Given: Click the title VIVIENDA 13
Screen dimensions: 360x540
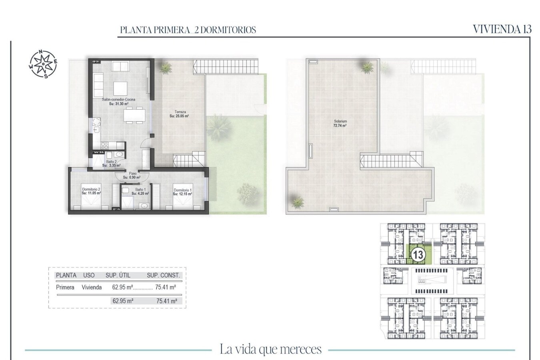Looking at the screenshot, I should tap(502, 29).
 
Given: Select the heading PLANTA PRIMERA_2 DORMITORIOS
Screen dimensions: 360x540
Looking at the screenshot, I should tap(188, 30).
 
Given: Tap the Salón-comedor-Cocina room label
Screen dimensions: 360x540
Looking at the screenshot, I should tap(118, 102).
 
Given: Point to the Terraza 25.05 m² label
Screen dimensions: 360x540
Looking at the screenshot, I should tap(179, 114).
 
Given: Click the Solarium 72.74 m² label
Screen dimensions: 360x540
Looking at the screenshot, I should tap(340, 123).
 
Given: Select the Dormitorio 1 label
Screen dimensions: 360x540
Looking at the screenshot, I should tap(182, 192).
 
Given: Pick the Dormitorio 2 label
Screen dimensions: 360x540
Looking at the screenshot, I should tap(91, 191).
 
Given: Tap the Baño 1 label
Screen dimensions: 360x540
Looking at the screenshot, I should tap(140, 192).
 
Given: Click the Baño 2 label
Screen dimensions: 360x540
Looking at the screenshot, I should tap(111, 163).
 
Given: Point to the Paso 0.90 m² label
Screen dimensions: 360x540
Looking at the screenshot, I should tap(132, 175).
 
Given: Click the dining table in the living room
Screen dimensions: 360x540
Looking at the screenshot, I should tap(134, 116).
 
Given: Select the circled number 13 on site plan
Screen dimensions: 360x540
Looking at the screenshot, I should tap(418, 255).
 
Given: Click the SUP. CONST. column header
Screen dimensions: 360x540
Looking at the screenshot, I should tap(163, 275).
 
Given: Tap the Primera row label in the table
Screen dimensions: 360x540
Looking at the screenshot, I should tap(65, 287).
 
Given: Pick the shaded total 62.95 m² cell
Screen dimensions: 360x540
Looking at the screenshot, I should tap(123, 301).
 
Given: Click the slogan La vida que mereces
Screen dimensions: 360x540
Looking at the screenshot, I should tap(270, 349).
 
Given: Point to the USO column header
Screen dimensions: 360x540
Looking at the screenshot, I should tap(89, 275).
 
